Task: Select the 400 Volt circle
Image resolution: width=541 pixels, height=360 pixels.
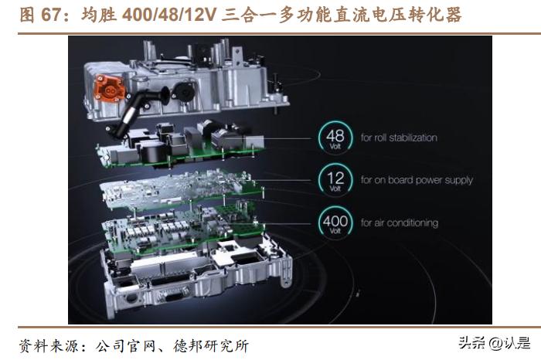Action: point(334,223)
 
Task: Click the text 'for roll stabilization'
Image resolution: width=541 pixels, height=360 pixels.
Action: point(398,138)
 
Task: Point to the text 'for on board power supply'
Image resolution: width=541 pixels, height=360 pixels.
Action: point(417,181)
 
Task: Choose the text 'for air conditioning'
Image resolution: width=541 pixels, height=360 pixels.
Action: point(399,223)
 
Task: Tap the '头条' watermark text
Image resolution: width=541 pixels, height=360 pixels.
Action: point(470,342)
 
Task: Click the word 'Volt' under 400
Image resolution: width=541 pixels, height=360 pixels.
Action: point(334,231)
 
